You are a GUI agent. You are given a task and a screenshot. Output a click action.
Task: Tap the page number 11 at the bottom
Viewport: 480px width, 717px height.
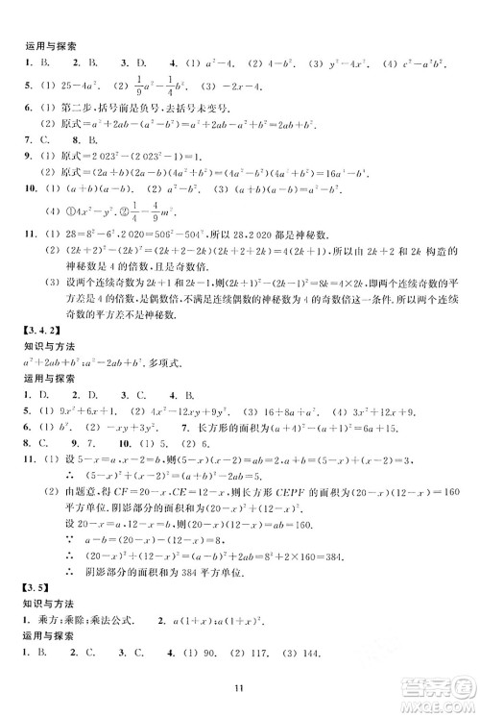pyautogui.click(x=240, y=685)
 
